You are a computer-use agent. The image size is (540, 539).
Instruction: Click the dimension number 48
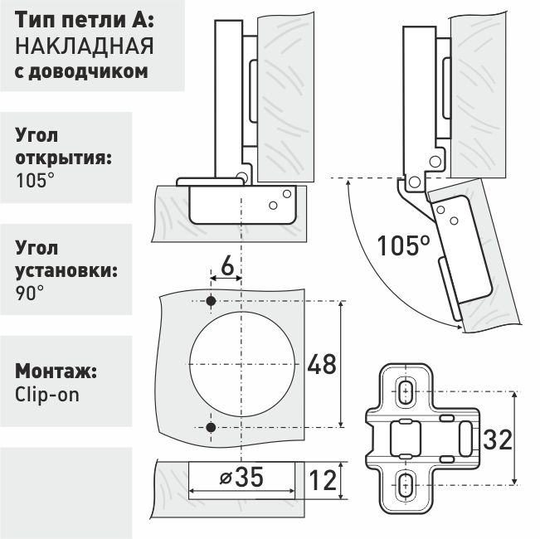click(x=322, y=365)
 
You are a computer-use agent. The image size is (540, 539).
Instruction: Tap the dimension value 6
click(x=226, y=267)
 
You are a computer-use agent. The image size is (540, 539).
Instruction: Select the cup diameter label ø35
click(x=243, y=478)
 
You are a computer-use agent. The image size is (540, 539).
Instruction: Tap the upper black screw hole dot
click(x=211, y=300)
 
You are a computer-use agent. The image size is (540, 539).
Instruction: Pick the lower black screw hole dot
click(x=211, y=427)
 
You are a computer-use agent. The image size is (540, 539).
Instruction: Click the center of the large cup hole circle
click(x=241, y=364)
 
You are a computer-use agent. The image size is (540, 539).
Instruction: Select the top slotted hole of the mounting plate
click(x=406, y=391)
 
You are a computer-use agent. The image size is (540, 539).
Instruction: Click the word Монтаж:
click(x=57, y=370)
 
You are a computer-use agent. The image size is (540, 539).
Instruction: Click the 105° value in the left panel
click(x=36, y=179)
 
